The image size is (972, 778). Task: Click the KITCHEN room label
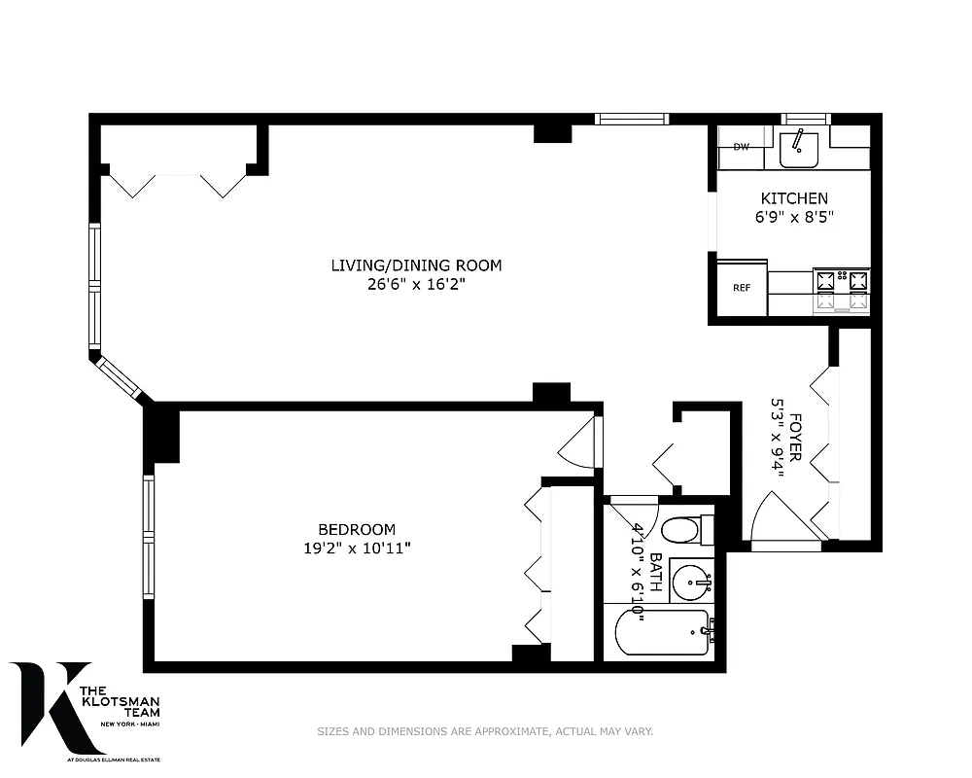pos(794,198)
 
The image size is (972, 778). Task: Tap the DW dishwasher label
pos(742,148)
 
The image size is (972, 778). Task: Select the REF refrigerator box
pos(742,288)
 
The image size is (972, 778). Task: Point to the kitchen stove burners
pos(842,291)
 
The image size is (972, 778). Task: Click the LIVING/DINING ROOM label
pos(416,265)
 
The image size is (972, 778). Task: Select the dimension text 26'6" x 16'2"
pos(416,284)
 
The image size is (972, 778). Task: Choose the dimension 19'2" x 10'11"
pos(357,548)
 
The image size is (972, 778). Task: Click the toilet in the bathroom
pos(680,531)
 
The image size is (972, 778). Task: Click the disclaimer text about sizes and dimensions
pos(485,731)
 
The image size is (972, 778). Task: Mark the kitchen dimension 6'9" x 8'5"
pos(794,218)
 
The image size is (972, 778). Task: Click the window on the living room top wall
pos(632,120)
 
